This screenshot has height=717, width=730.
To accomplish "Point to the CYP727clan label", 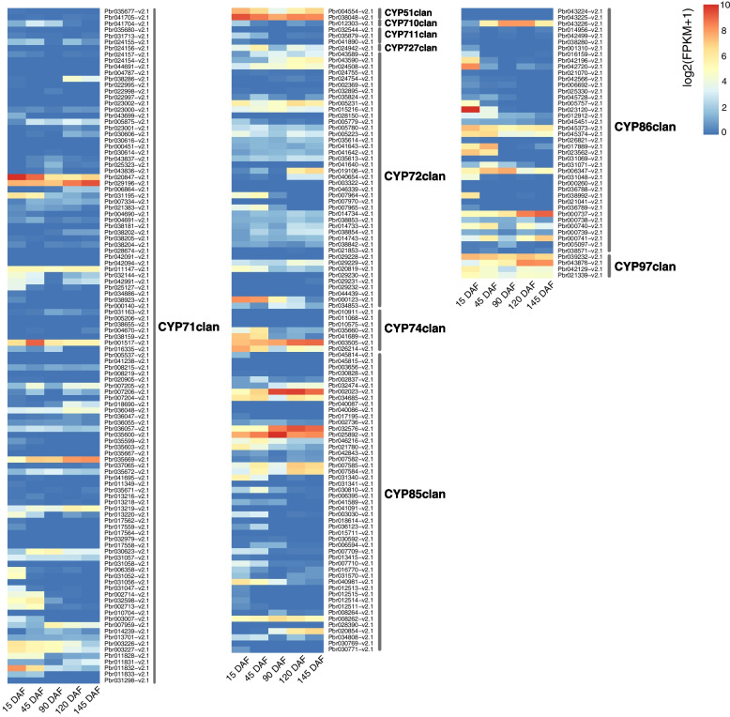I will coord(410,47).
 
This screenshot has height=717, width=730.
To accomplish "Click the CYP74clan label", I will coord(414,328).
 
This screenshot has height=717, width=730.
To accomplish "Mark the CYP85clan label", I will coord(414,494).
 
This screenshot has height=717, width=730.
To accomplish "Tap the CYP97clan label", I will coord(644,267).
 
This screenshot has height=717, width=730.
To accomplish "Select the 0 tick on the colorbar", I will coord(721,131).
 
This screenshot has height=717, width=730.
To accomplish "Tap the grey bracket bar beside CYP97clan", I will coord(611,266).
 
